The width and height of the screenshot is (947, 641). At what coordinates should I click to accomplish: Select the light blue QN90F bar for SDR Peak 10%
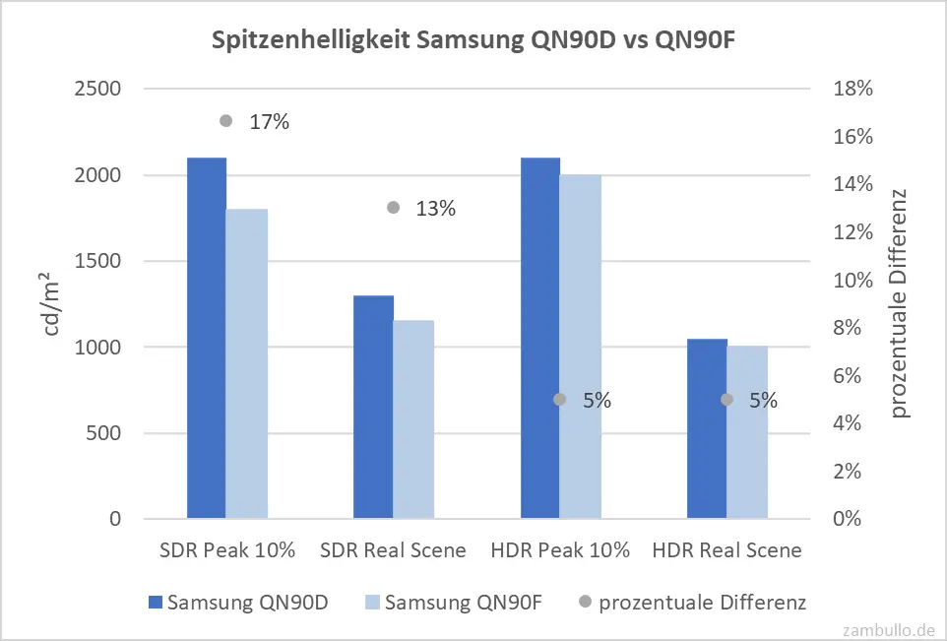point(247,363)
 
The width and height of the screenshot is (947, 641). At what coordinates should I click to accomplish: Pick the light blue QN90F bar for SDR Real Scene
point(414,419)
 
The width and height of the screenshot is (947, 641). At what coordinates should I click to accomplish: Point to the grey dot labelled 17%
point(226,121)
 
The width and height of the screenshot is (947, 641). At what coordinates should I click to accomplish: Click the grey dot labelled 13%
point(394,208)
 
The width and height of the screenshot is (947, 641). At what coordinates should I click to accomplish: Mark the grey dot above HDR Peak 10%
point(560,400)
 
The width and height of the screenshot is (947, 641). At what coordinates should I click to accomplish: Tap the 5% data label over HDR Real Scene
point(764,401)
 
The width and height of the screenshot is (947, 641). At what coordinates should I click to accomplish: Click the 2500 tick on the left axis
point(97,89)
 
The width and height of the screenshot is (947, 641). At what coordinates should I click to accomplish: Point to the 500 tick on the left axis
point(102,433)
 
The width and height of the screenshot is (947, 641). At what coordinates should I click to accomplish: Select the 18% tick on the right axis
point(852,89)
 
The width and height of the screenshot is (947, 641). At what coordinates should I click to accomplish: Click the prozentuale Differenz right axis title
point(900,302)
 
